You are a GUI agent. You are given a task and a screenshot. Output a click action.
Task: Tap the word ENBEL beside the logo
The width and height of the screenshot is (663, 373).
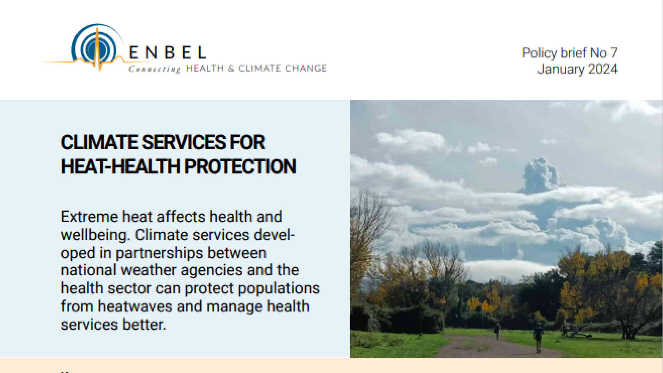pyautogui.click(x=167, y=52)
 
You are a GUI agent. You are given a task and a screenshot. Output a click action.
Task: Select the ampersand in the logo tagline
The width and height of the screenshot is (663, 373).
pyautogui.click(x=231, y=69)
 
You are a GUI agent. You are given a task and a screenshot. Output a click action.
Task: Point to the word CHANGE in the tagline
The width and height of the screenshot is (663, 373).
pyautogui.click(x=306, y=68)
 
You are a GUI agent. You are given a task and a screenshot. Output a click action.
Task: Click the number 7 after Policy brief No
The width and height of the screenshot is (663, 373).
pyautogui.click(x=614, y=53)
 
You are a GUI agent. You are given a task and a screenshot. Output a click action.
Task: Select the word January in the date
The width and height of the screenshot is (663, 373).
pyautogui.click(x=561, y=69)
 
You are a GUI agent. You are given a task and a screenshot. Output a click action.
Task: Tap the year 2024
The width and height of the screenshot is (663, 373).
pyautogui.click(x=603, y=69)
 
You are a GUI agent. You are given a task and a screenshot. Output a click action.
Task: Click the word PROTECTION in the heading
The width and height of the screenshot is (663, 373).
pyautogui.click(x=240, y=166)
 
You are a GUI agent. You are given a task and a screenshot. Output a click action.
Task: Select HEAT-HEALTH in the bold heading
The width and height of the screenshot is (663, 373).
pyautogui.click(x=121, y=166)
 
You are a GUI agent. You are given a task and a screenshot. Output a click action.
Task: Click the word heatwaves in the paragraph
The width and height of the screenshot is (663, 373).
pyautogui.click(x=135, y=306)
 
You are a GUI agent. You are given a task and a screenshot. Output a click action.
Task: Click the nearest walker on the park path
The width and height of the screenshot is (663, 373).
pyautogui.click(x=538, y=337)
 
